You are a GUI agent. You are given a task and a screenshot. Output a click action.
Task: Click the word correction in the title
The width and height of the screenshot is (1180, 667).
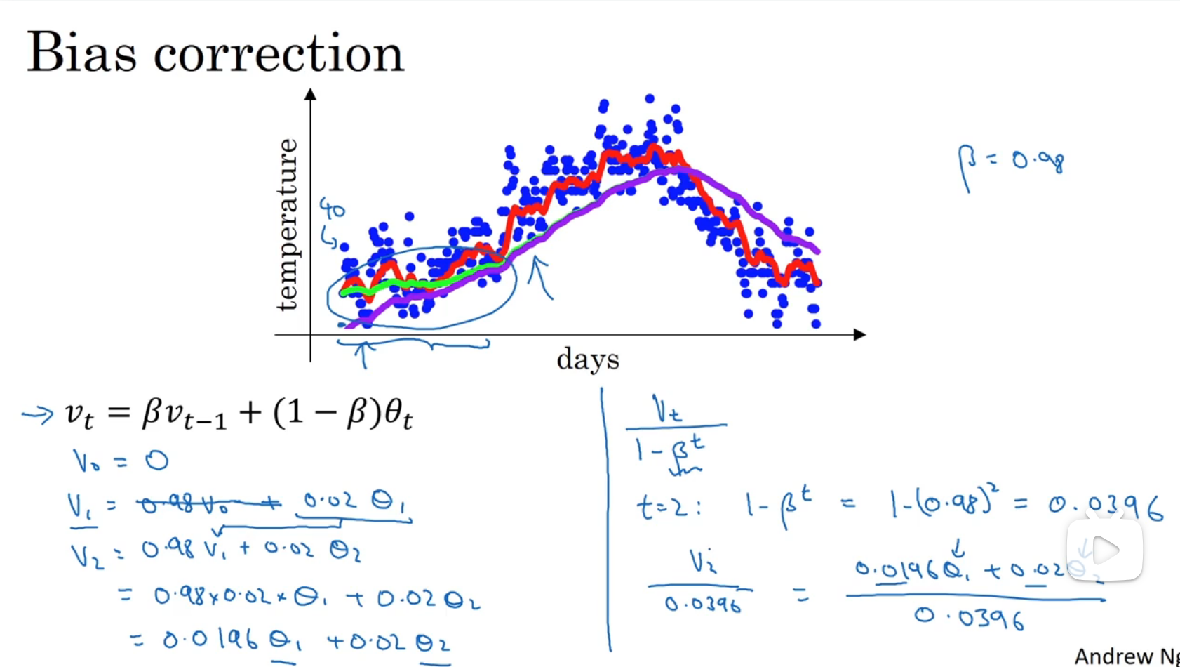point(279,55)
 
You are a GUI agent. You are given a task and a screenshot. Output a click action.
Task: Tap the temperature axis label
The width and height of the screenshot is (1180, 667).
point(288,225)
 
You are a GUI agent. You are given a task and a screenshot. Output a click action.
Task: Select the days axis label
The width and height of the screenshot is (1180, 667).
point(587,359)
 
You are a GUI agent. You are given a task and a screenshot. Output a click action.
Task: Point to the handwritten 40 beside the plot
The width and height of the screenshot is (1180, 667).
point(333,209)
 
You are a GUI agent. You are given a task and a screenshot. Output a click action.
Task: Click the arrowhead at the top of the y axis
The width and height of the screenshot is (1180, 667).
point(310,94)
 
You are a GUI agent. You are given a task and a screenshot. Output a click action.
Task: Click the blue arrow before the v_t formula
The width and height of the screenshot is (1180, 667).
point(37,414)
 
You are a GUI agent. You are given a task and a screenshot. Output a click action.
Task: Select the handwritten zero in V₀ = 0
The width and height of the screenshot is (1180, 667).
point(157,461)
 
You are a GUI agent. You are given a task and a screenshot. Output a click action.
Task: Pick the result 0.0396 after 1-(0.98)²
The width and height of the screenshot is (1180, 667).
point(1106,507)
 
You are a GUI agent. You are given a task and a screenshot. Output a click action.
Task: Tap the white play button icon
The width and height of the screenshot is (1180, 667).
point(1105,550)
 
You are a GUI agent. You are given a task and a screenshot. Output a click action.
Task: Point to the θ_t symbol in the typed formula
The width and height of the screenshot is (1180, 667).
point(398,414)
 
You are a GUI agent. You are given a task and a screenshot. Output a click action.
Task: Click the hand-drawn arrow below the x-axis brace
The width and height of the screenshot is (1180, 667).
point(363,355)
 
